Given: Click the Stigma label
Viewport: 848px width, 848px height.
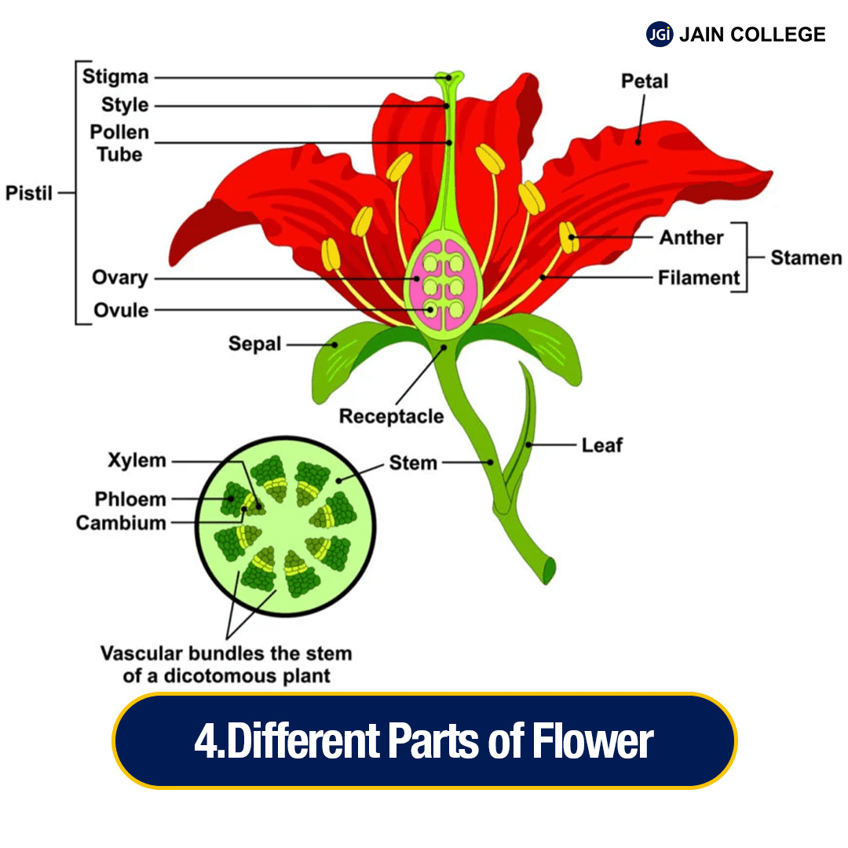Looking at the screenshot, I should click(115, 77).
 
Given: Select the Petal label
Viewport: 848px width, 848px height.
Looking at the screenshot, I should click(645, 81).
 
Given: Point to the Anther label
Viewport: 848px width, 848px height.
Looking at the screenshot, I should click(691, 237).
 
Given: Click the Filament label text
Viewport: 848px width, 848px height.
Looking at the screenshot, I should click(699, 277).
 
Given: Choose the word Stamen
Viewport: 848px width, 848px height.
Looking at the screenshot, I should click(806, 258).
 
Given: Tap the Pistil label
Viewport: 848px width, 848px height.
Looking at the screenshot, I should click(29, 192).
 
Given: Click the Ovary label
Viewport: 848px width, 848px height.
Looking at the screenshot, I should click(119, 278).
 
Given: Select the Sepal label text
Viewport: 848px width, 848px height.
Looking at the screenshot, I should click(254, 344).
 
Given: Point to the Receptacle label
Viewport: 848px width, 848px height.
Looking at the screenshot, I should click(391, 416).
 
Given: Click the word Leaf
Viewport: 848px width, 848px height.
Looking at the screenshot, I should click(601, 445).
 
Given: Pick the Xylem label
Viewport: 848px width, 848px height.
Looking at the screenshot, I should click(137, 461).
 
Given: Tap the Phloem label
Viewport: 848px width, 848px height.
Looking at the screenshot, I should click(130, 499).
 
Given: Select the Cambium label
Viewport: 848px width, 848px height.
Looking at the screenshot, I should click(121, 523).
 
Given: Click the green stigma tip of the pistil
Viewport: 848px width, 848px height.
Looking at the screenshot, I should click(449, 77).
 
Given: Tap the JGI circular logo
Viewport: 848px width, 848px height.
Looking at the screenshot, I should click(660, 35).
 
